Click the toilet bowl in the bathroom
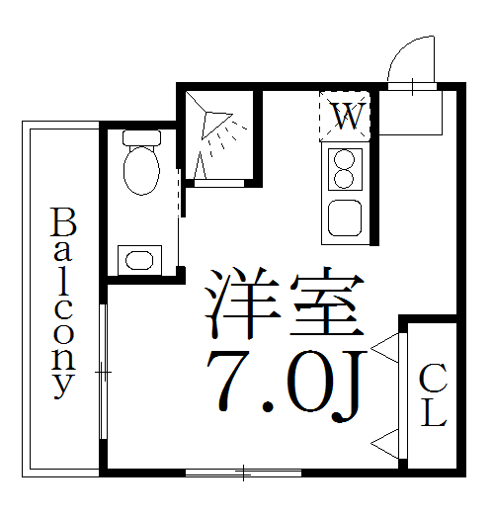141,168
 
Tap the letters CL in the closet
433,394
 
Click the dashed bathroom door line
179,194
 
